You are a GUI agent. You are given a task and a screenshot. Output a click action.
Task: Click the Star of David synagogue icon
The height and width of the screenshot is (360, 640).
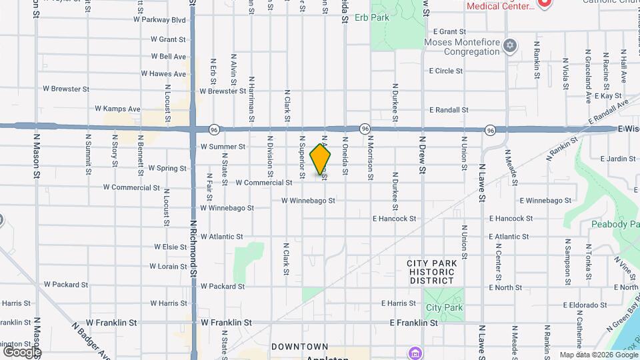pos(511,45)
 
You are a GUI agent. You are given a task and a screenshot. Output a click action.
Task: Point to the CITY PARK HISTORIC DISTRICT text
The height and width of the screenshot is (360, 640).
pos(432,272)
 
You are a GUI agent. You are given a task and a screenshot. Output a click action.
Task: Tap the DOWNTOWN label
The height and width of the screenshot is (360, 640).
pos(299,347)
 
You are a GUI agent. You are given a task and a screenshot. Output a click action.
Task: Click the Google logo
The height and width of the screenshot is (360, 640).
pos(22,351)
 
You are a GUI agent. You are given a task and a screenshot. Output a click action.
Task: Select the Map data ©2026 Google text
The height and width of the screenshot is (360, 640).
pos(598,355)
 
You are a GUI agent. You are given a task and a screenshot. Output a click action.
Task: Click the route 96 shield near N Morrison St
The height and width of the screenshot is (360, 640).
pos(365,127)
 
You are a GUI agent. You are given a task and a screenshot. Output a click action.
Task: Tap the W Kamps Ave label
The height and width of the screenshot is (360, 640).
pos(117,108)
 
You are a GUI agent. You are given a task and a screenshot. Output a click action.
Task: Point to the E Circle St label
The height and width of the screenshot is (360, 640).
pos(445,71)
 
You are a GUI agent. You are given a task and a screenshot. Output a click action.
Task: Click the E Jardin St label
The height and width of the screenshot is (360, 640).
pos(618,159)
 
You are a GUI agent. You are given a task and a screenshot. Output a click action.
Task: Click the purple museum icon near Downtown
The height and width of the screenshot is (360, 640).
pos(415,351)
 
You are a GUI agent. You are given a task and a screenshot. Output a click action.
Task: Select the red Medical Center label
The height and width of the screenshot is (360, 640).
pos(501,6)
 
